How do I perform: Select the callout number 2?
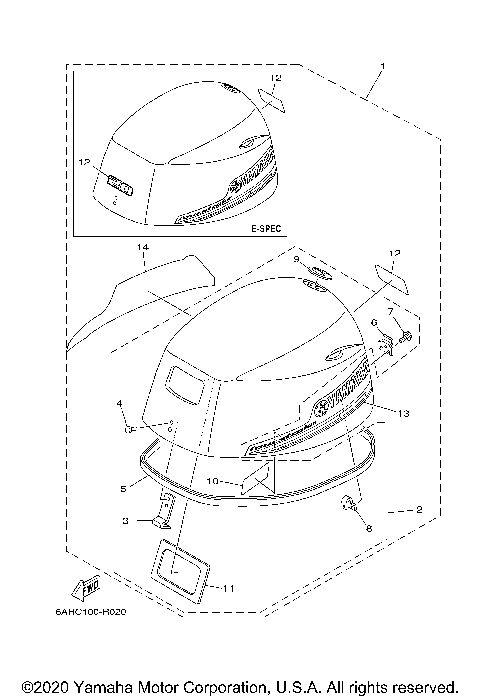point(419,510)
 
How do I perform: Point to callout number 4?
point(119,403)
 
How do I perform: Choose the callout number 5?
point(122,488)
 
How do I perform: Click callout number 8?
point(368,528)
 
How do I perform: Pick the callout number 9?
point(297,259)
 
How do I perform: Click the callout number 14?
point(143,245)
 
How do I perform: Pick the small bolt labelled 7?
point(404,337)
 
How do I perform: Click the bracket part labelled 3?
point(162,511)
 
